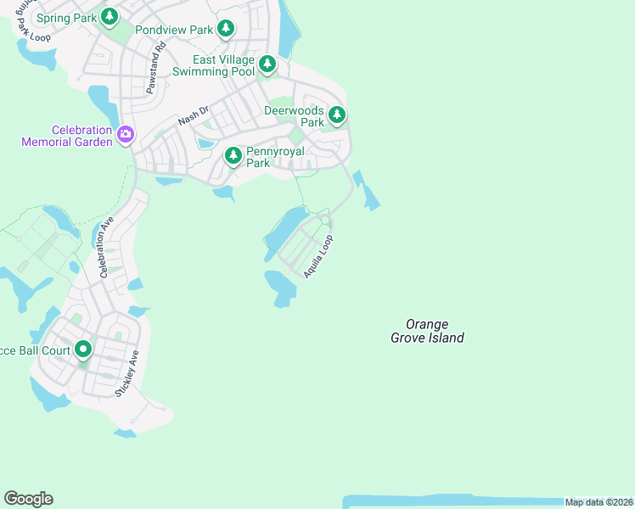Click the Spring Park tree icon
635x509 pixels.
coord(109,17)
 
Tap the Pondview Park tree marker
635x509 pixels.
coord(225,30)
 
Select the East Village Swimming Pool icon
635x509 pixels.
coord(267,64)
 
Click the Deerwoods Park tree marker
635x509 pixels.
coord(337,115)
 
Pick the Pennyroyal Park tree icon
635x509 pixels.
coord(233,156)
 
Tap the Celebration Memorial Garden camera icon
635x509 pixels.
coord(126,134)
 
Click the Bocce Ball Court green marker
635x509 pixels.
coord(82,349)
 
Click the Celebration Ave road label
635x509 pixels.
coord(106,248)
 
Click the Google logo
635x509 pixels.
coord(29,499)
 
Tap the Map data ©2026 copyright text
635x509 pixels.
coord(598,502)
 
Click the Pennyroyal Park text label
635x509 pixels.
coord(269,157)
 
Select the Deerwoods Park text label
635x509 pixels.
coord(294,116)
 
